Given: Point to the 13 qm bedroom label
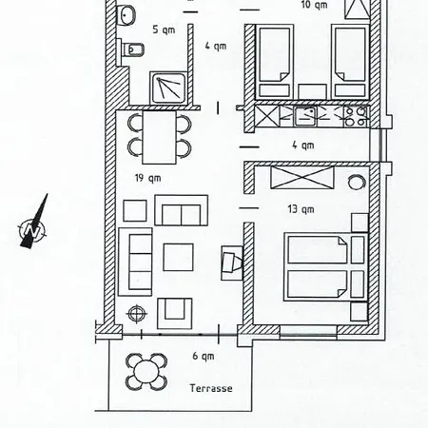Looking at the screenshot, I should [306, 208].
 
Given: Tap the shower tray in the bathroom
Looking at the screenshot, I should [168, 88].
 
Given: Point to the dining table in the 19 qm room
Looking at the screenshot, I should [160, 134].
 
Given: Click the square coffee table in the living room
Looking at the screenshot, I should [179, 257].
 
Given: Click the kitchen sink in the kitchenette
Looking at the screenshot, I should [306, 117].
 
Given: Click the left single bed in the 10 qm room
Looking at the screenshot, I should [275, 56].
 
